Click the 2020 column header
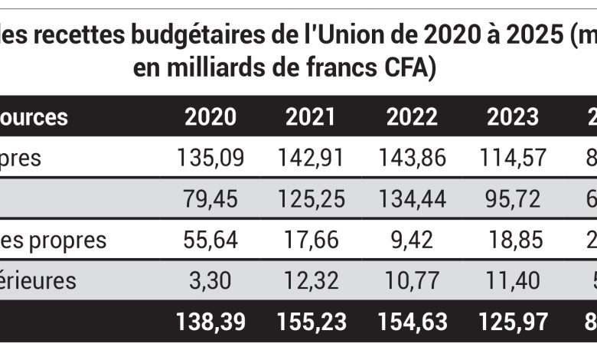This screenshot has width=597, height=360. tap(210, 117)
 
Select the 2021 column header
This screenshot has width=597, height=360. tap(311, 117)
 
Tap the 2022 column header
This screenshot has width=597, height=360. tap(412, 117)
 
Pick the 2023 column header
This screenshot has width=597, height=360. tap(513, 117)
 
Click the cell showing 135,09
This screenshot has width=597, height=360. tap(210, 158)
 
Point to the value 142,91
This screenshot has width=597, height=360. tap(311, 158)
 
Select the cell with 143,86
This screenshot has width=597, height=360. tap(412, 158)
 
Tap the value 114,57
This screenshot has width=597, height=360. tap(513, 158)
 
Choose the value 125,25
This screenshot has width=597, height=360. tap(311, 199)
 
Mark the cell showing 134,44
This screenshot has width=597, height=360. tap(412, 199)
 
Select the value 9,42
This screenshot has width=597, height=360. tap(412, 240)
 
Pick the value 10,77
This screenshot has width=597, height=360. tap(412, 280)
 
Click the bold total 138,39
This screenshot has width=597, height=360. tap(210, 322)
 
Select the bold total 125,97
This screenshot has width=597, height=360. tap(513, 322)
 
